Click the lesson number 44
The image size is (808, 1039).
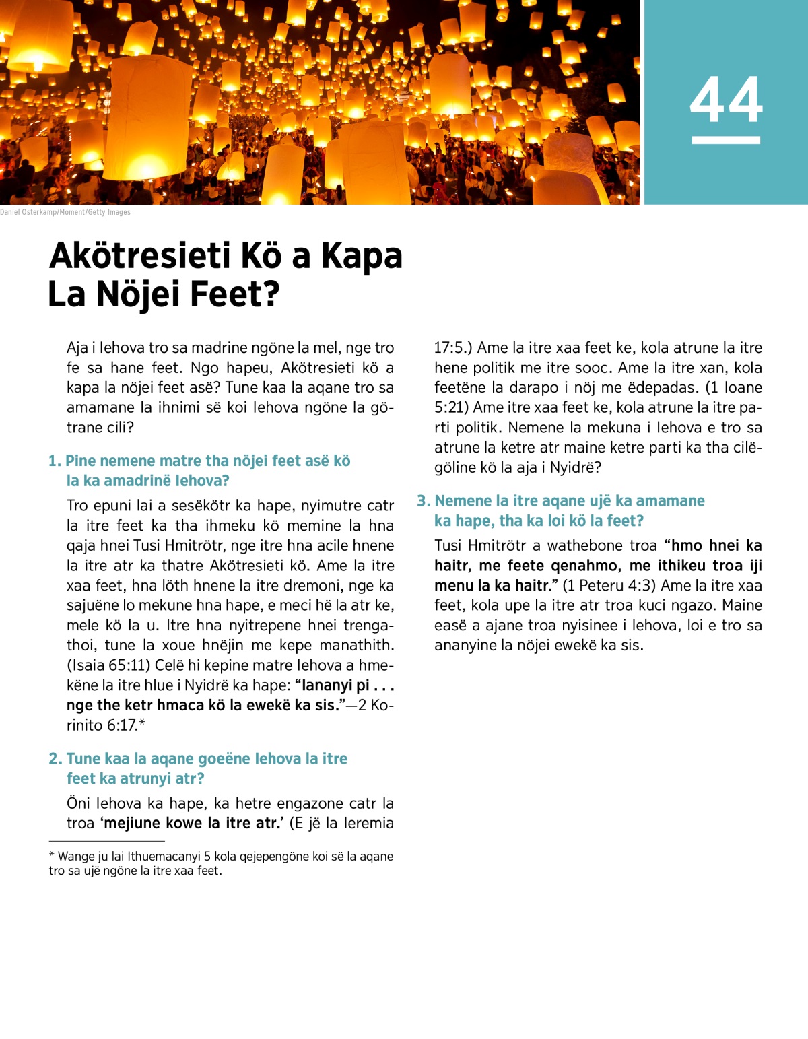coord(726,100)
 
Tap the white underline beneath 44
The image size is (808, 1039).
coord(726,140)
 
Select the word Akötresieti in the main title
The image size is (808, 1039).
coord(139,256)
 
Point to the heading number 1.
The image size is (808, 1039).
coord(54,461)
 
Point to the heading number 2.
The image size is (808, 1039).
coord(55,759)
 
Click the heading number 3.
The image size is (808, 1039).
coord(423,501)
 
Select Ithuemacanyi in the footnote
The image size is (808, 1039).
coord(164,857)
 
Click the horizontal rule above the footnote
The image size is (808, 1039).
coord(106,841)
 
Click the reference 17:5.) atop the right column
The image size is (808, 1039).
coord(452,348)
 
